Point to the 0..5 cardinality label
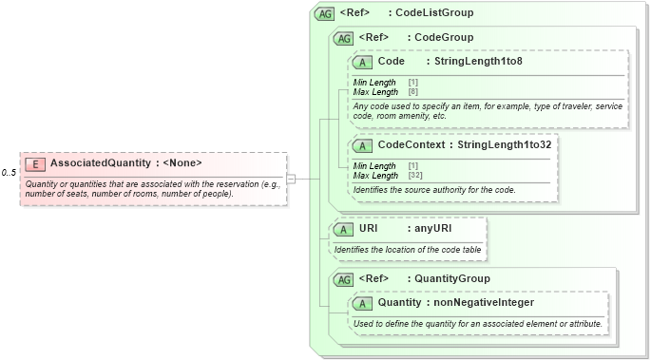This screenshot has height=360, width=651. click(9, 173)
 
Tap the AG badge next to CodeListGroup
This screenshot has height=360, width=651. click(324, 14)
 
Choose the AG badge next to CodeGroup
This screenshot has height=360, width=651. click(343, 39)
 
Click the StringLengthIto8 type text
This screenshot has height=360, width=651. click(479, 62)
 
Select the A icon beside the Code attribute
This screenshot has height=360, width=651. click(362, 63)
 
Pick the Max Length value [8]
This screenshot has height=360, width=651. click(413, 92)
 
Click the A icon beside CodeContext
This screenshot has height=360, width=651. click(362, 146)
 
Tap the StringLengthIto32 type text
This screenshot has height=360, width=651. click(506, 145)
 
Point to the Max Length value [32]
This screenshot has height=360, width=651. click(415, 176)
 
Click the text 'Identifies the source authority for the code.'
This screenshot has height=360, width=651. click(434, 190)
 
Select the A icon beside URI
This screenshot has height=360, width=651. click(343, 230)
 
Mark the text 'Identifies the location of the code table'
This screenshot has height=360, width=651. click(408, 249)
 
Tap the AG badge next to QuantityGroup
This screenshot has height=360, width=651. click(343, 279)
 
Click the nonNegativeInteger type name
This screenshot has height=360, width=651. click(484, 303)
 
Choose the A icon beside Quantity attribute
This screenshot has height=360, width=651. click(362, 304)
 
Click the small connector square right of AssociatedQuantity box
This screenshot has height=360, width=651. click(291, 179)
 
